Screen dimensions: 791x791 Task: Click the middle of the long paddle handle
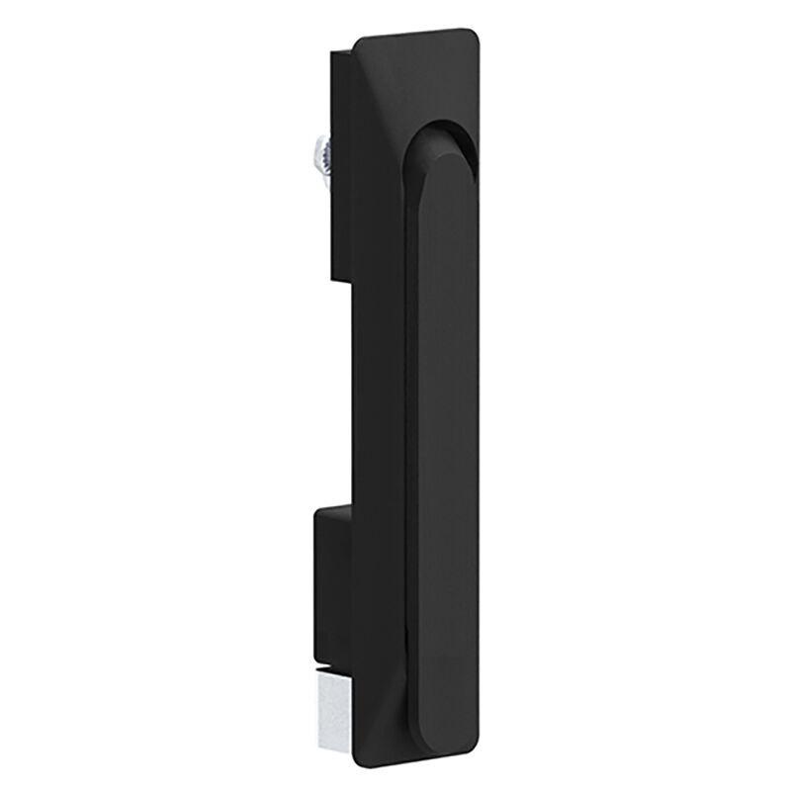[x=442, y=415]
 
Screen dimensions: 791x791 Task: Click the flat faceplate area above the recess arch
[x=420, y=79]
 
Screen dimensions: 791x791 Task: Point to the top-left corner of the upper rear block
[x=332, y=49]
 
